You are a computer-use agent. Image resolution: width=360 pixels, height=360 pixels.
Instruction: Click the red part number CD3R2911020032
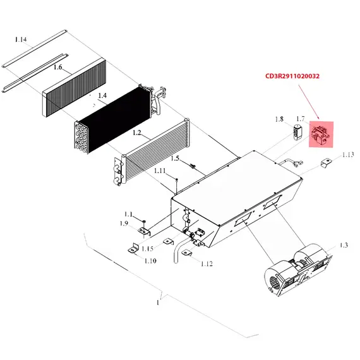(292, 76)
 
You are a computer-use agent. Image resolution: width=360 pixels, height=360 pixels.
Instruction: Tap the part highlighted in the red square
(320, 135)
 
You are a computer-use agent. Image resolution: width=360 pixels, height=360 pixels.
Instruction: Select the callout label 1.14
(21, 40)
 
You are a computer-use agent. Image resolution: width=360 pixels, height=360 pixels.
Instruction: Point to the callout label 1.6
(58, 67)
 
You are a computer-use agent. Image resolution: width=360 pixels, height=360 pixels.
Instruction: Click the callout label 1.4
(102, 95)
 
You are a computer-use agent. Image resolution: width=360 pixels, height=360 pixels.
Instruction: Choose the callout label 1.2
(137, 133)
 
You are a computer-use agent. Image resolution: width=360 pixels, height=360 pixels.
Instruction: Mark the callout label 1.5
(175, 159)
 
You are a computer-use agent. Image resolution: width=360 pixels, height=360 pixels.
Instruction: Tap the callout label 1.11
(160, 171)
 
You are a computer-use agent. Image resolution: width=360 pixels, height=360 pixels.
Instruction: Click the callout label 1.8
(279, 119)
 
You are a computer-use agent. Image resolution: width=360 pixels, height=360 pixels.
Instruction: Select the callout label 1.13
(348, 155)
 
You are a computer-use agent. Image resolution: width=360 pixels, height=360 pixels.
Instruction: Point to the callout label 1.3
(344, 245)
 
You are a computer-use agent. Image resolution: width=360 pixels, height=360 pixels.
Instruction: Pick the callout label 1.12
(207, 264)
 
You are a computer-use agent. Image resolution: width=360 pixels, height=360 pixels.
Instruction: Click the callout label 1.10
(150, 261)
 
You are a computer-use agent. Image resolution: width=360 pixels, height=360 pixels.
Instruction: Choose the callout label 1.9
(124, 224)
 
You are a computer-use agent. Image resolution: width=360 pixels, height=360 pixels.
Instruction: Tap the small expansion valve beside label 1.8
(297, 132)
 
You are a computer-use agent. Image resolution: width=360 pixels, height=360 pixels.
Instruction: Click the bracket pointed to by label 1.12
(186, 253)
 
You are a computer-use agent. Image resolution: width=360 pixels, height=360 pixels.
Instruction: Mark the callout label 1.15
(147, 249)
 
